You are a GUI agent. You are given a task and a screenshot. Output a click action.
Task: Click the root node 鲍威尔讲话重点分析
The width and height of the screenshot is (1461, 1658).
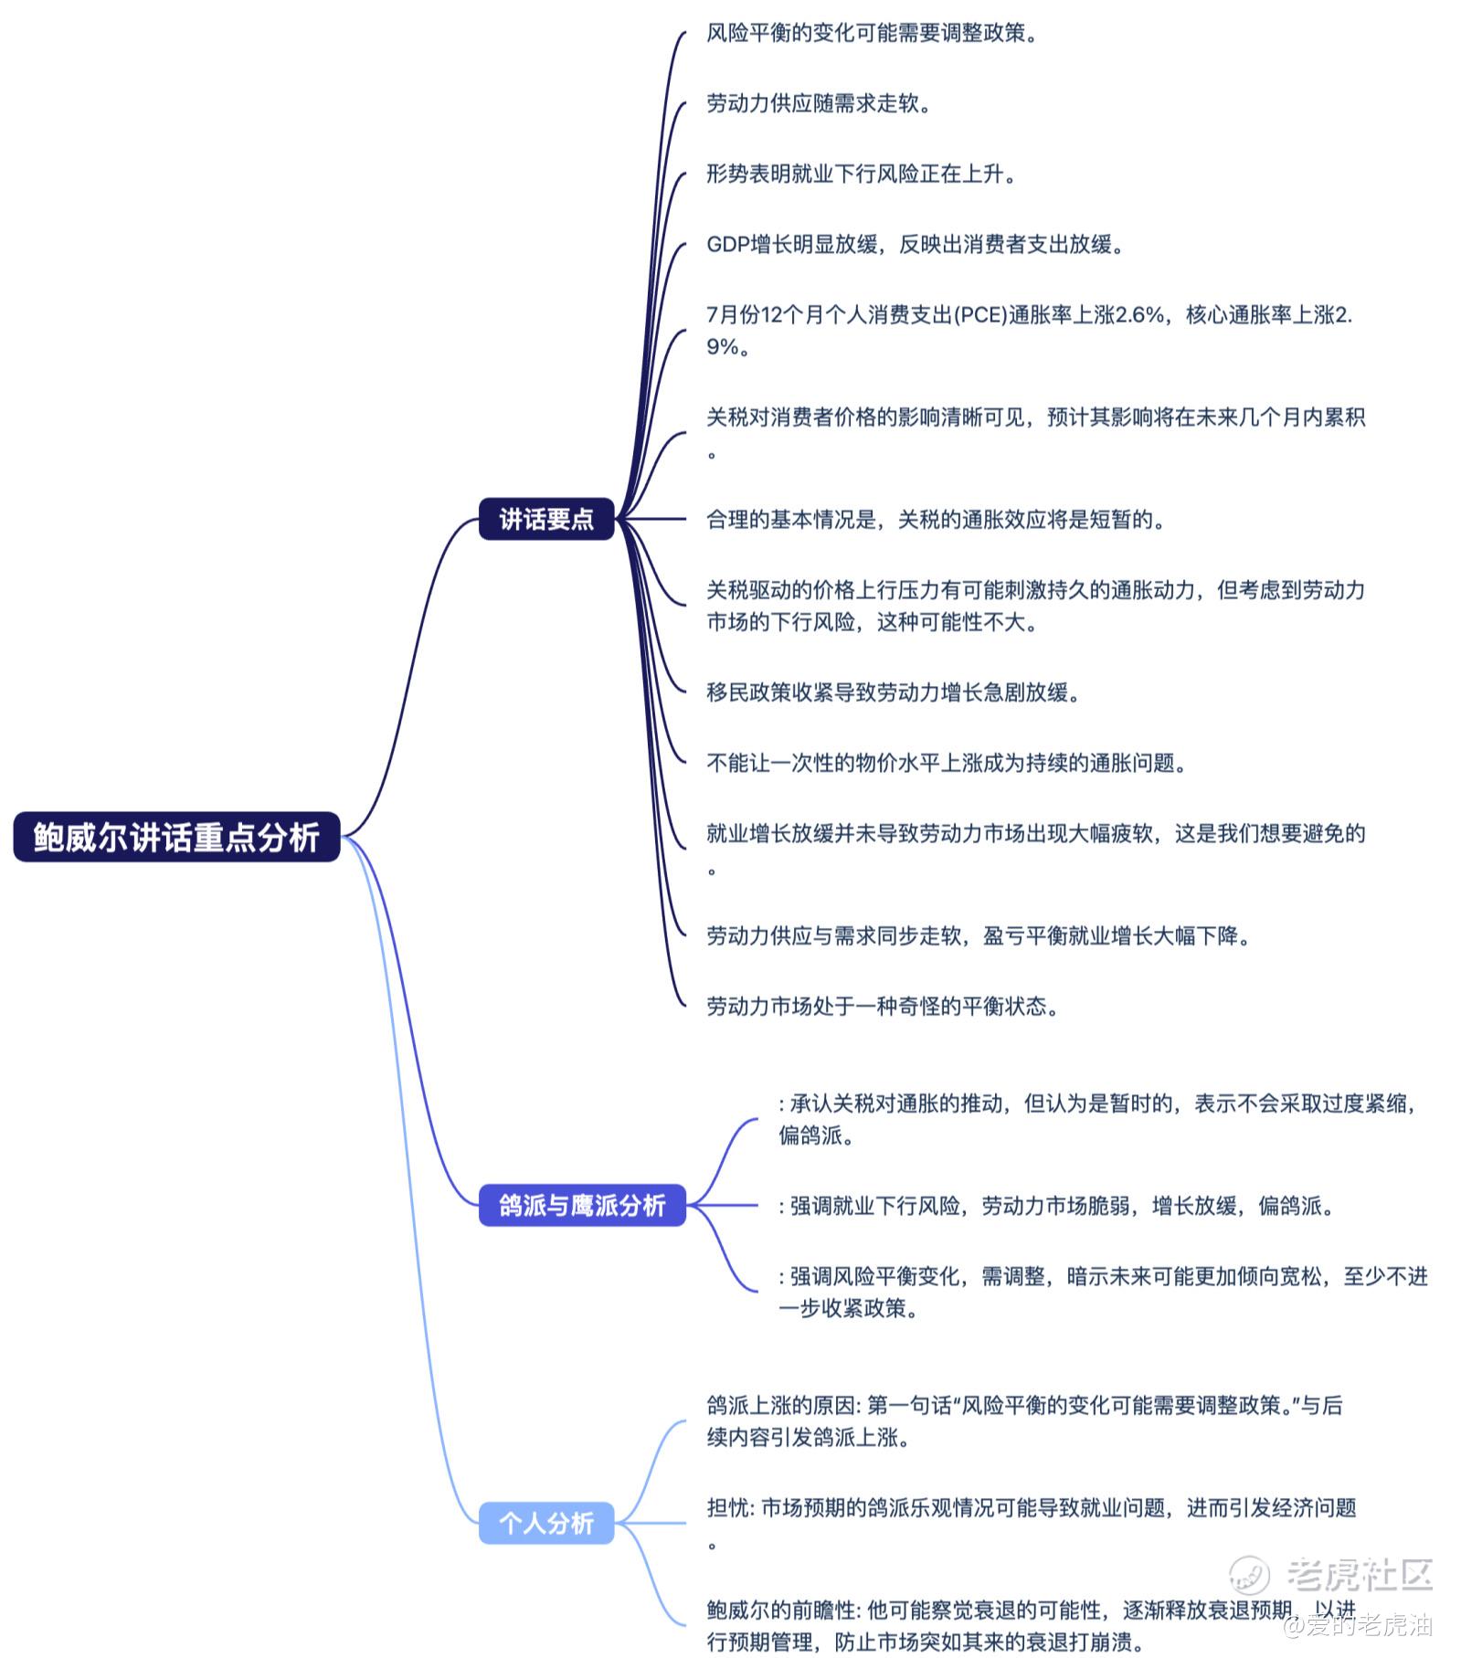pyautogui.click(x=176, y=837)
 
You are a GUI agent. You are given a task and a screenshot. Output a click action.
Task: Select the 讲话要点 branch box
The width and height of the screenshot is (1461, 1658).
pyautogui.click(x=545, y=519)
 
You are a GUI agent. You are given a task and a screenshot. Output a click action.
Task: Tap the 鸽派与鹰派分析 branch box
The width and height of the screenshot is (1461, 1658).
pyautogui.click(x=582, y=1205)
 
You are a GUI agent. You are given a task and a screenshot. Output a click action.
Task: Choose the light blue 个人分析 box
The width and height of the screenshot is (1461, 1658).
pyautogui.click(x=545, y=1523)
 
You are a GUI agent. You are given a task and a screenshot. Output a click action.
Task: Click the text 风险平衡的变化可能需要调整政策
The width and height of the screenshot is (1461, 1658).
pyautogui.click(x=872, y=34)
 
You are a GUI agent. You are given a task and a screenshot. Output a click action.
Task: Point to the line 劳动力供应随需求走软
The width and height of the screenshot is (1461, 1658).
pyautogui.click(x=819, y=103)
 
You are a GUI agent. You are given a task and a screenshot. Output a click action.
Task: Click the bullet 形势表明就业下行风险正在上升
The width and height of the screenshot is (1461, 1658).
pyautogui.click(x=861, y=174)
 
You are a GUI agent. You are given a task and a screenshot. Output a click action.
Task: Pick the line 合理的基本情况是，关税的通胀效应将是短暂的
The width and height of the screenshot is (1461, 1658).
pyautogui.click(x=936, y=520)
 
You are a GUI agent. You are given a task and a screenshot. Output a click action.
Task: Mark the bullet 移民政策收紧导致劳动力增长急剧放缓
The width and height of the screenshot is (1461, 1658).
pyautogui.click(x=893, y=692)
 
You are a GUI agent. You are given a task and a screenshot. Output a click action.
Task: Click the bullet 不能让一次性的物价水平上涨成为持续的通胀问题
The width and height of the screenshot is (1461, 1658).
pyautogui.click(x=946, y=763)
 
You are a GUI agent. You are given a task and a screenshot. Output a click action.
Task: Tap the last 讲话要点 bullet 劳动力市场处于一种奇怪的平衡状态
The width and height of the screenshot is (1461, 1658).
pyautogui.click(x=882, y=1007)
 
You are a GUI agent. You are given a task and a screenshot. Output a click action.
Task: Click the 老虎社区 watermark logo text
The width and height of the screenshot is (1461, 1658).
pyautogui.click(x=1358, y=1573)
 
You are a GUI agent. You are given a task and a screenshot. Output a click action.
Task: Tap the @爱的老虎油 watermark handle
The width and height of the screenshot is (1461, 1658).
pyautogui.click(x=1358, y=1625)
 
